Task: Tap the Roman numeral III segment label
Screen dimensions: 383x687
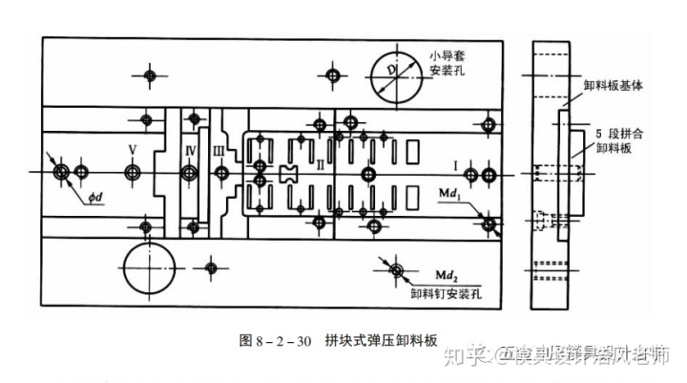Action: pos(219,150)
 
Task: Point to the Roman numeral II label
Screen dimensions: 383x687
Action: pos(321,165)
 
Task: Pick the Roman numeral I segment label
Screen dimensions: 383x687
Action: pos(456,166)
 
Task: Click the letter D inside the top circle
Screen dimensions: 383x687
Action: pos(391,69)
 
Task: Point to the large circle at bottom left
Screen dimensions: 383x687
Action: pos(151,267)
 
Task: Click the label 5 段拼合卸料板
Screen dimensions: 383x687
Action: pos(615,140)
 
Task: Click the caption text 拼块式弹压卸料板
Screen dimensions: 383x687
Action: pos(380,340)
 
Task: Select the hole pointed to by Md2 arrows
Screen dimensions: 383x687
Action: pos(395,270)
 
